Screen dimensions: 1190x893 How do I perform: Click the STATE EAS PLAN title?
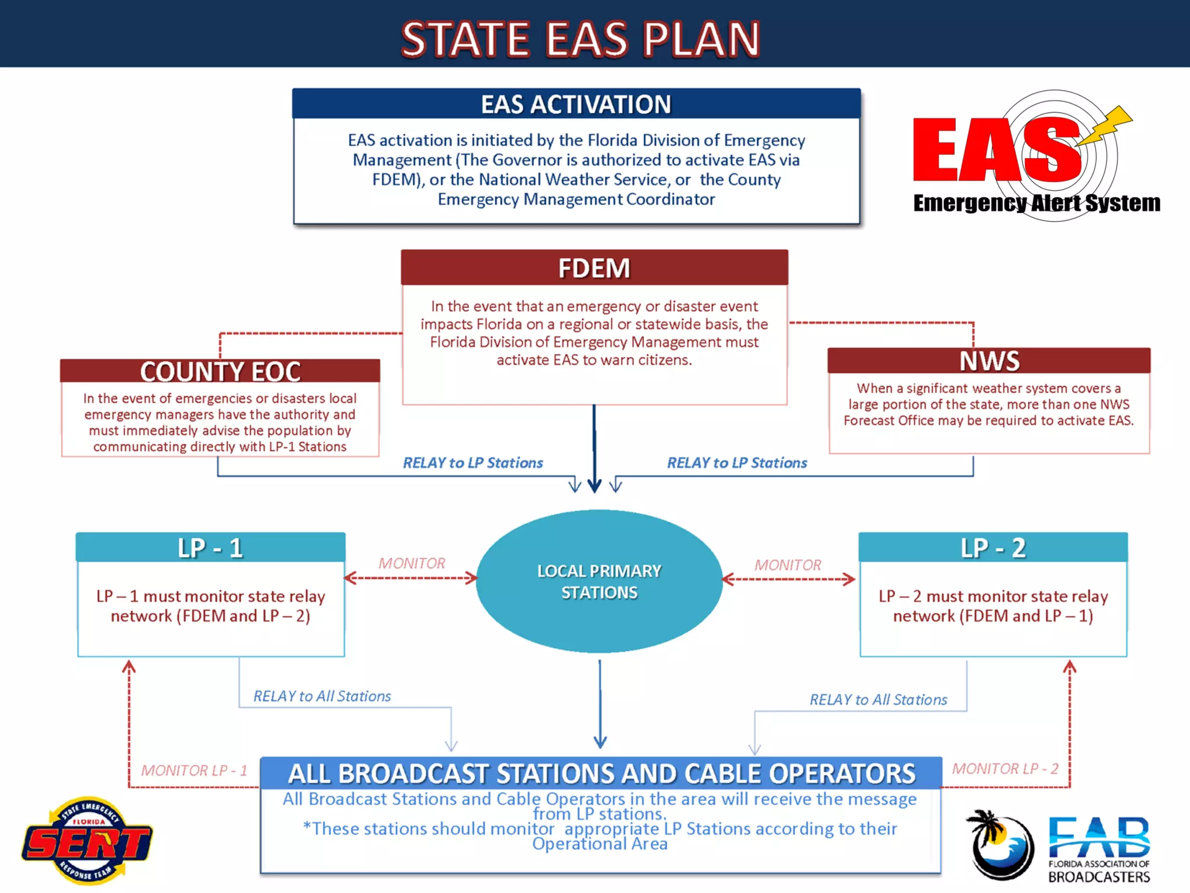pos(580,39)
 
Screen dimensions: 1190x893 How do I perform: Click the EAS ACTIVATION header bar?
pos(576,105)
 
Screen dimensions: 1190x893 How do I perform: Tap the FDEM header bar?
pos(594,268)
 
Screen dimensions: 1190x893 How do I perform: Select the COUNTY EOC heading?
pos(220,372)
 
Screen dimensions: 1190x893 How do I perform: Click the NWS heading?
pos(989,361)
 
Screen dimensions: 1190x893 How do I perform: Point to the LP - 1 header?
pos(210,548)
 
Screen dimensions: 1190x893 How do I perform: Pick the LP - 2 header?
pos(993,548)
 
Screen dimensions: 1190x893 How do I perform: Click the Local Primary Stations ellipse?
pos(599,581)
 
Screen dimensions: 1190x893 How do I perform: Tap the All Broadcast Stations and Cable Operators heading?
pos(601,774)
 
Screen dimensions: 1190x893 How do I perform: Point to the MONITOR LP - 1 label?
pos(194,770)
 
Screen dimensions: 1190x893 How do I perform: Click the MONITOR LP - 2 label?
pos(1005,769)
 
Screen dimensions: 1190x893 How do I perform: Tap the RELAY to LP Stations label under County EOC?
pos(472,463)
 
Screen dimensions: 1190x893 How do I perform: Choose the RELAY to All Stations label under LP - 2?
pos(878,699)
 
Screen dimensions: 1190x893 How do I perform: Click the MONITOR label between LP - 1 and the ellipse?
pos(411,563)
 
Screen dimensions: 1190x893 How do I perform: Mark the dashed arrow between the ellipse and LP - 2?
pos(788,579)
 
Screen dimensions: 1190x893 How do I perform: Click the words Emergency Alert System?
pos(1036,203)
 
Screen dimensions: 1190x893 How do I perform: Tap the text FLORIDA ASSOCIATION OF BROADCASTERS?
pos(1099,871)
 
